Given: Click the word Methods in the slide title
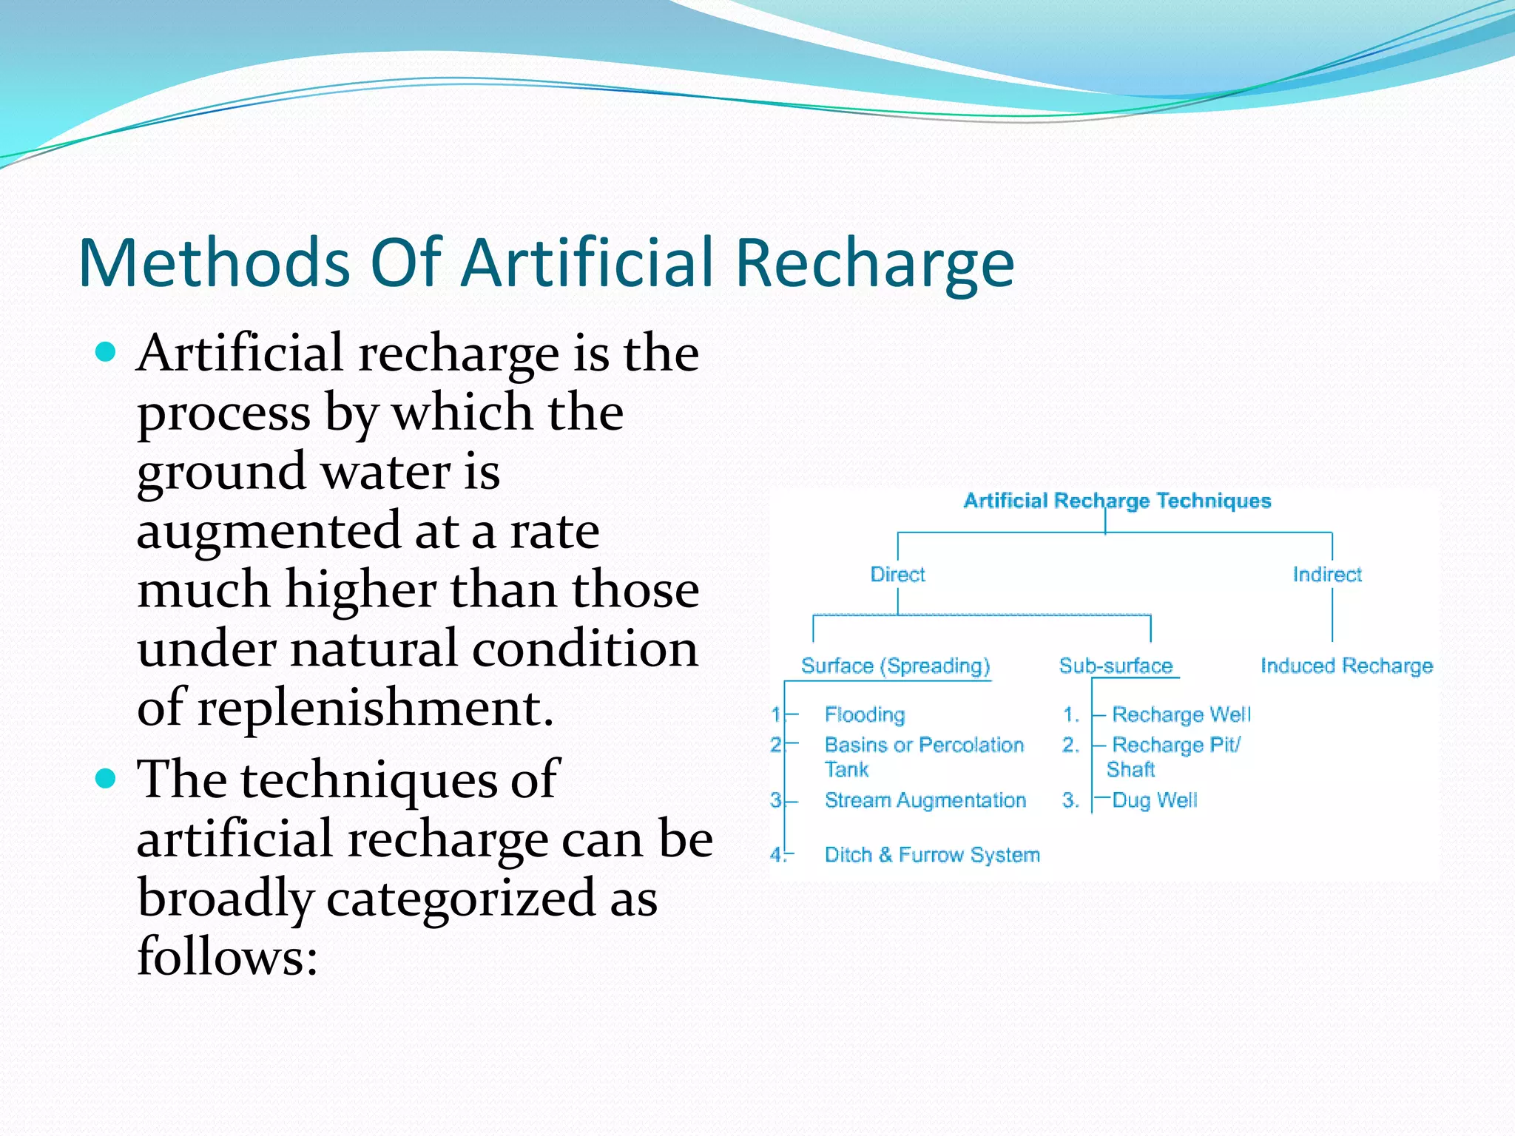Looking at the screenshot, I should click(214, 263).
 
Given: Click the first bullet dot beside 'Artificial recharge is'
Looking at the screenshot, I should click(107, 351).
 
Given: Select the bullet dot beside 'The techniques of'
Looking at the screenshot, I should click(107, 778).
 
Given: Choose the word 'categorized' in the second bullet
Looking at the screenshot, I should click(460, 899).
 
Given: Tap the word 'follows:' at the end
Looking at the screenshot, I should click(227, 956).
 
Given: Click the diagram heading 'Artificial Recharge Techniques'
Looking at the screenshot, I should click(1117, 501).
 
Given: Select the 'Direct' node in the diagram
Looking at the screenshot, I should click(897, 575).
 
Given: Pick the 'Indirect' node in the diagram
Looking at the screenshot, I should click(1327, 575).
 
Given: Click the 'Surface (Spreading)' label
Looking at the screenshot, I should click(895, 666).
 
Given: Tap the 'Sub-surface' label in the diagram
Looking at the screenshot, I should click(1116, 666).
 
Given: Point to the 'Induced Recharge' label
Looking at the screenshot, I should click(1346, 666).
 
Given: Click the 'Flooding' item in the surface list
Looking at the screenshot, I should click(865, 714).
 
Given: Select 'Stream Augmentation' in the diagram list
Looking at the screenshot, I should click(925, 800).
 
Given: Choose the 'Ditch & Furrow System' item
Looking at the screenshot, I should click(932, 855).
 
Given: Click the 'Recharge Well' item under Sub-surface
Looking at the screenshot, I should click(1181, 714).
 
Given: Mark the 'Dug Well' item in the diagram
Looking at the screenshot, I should click(1155, 800).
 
